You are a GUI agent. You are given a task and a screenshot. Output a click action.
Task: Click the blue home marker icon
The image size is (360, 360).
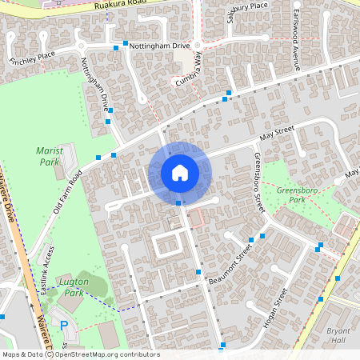click(179, 173)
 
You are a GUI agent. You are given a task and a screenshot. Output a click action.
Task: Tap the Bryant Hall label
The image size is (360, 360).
click(338, 334)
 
